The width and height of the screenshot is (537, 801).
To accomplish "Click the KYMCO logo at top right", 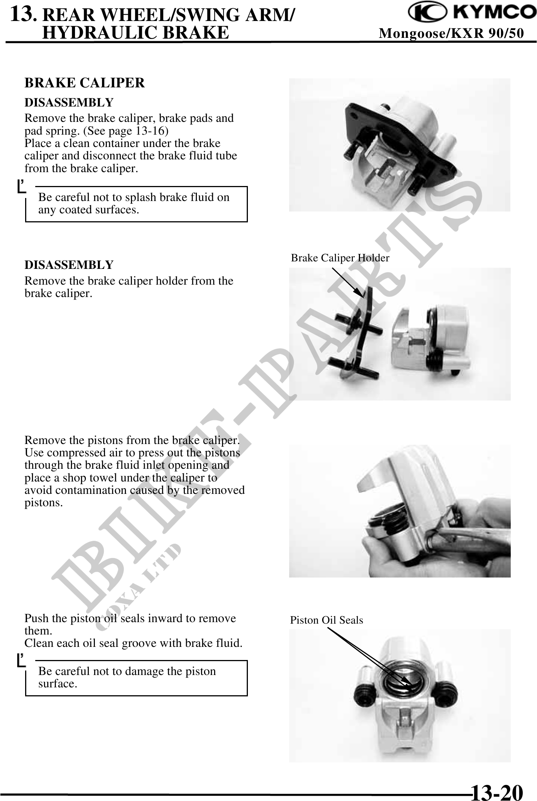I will pos(472,13).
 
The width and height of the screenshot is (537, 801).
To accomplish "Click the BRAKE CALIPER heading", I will pos(84,83).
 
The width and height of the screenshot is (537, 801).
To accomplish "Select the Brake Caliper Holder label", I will pos(340,258).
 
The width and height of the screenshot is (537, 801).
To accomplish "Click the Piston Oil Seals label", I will pos(326,620).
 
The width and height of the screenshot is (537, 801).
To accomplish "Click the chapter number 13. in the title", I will pos(23,15).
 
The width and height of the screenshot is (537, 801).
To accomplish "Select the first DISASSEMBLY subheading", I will pos(69,102).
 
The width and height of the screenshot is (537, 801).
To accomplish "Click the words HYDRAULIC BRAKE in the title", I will pos(136,33).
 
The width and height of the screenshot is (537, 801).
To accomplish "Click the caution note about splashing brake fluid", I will pos(134,203).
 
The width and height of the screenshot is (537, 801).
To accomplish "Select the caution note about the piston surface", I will pos(127,677).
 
